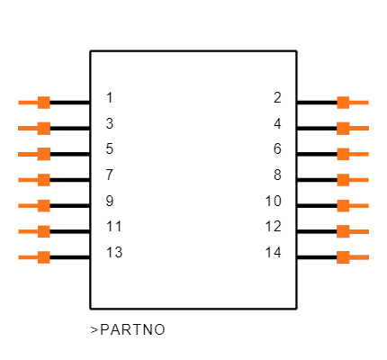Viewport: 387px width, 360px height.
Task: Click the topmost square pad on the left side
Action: tap(43, 103)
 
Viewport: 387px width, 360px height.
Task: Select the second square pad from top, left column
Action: tap(43, 128)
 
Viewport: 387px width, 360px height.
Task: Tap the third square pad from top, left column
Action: tap(43, 154)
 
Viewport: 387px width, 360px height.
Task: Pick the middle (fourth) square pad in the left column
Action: tap(43, 180)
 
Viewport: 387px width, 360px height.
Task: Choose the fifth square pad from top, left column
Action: tap(43, 205)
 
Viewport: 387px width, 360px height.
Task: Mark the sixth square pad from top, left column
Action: tap(43, 231)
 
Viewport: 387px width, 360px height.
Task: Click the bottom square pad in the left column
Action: tap(43, 257)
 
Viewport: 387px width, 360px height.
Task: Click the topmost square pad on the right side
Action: tap(343, 103)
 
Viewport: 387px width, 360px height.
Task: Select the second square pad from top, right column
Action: tap(343, 128)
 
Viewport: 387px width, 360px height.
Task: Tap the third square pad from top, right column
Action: tap(343, 154)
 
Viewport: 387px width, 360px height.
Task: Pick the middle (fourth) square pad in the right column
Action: tap(343, 180)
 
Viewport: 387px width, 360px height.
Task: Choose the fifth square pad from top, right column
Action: tap(343, 205)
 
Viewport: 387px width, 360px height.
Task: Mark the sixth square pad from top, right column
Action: tap(343, 231)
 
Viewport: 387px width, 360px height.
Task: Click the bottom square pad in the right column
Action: tap(343, 257)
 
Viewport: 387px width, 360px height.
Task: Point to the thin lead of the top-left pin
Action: tap(27, 103)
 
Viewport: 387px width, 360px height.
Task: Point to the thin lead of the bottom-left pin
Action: tap(27, 257)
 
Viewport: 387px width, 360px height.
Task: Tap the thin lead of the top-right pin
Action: tap(360, 103)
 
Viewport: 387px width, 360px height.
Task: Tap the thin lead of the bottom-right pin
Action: tap(360, 257)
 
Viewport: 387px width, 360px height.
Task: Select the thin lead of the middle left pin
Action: tap(27, 180)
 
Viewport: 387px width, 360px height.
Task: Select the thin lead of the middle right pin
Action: tap(360, 180)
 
